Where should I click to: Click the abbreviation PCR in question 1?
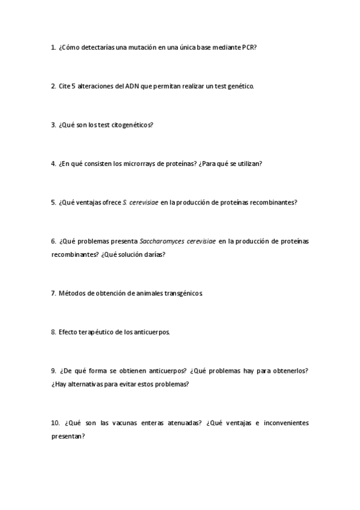point(248,48)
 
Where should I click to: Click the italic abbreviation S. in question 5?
point(124,203)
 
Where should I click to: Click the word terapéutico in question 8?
point(96,332)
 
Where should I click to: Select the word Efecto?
point(67,332)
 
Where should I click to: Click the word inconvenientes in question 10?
point(285,423)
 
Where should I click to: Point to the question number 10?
point(55,423)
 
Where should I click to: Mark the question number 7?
point(53,293)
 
